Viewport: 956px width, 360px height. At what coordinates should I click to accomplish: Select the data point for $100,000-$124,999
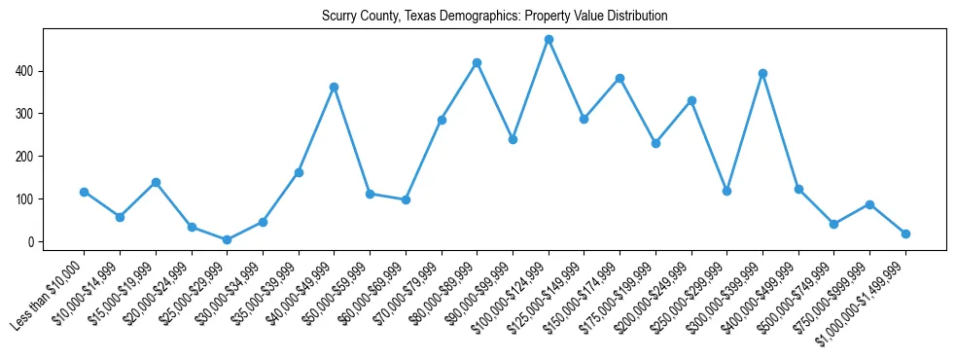[549, 40]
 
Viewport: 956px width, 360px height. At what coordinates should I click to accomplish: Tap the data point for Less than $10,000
[84, 192]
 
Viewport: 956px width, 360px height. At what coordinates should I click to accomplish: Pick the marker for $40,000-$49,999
[334, 87]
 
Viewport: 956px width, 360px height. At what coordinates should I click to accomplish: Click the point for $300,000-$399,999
[762, 73]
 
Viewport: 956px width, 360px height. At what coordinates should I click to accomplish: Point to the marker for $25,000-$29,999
[227, 239]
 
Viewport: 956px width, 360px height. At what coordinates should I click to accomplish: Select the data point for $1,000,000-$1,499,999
[905, 234]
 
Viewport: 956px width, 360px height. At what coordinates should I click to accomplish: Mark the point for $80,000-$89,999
[477, 62]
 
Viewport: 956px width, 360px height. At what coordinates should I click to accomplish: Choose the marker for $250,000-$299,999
[726, 191]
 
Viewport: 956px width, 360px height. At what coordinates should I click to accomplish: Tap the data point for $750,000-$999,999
[869, 204]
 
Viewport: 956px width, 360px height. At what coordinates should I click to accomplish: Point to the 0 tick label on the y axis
[32, 241]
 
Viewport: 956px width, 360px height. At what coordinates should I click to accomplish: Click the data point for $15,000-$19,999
[156, 182]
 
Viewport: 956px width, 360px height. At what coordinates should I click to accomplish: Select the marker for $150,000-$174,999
[620, 78]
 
